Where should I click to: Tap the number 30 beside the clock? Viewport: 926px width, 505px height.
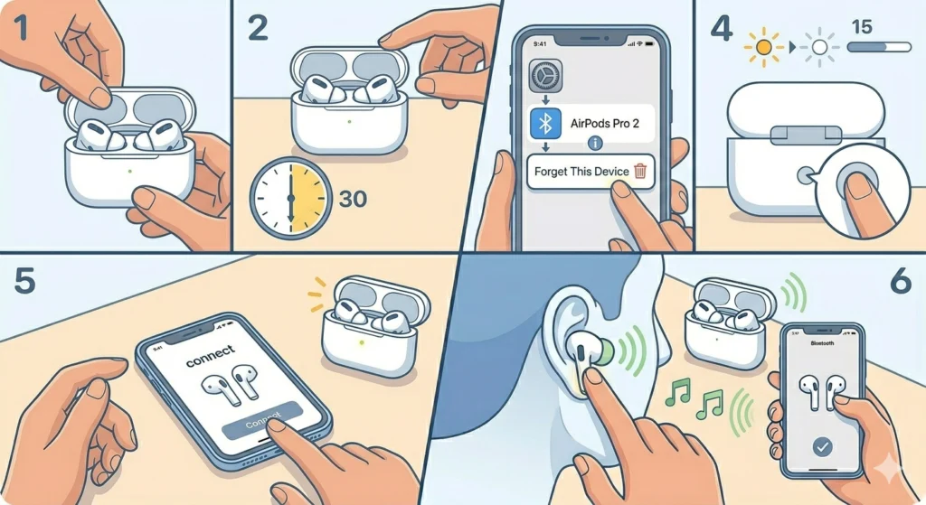coord(353,197)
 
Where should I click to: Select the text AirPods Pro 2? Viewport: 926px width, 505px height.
coord(605,122)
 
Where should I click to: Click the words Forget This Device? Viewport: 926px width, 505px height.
coord(581,172)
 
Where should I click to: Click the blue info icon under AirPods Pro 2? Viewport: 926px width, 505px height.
coord(594,144)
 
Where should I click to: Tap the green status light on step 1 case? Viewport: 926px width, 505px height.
coord(132,169)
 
